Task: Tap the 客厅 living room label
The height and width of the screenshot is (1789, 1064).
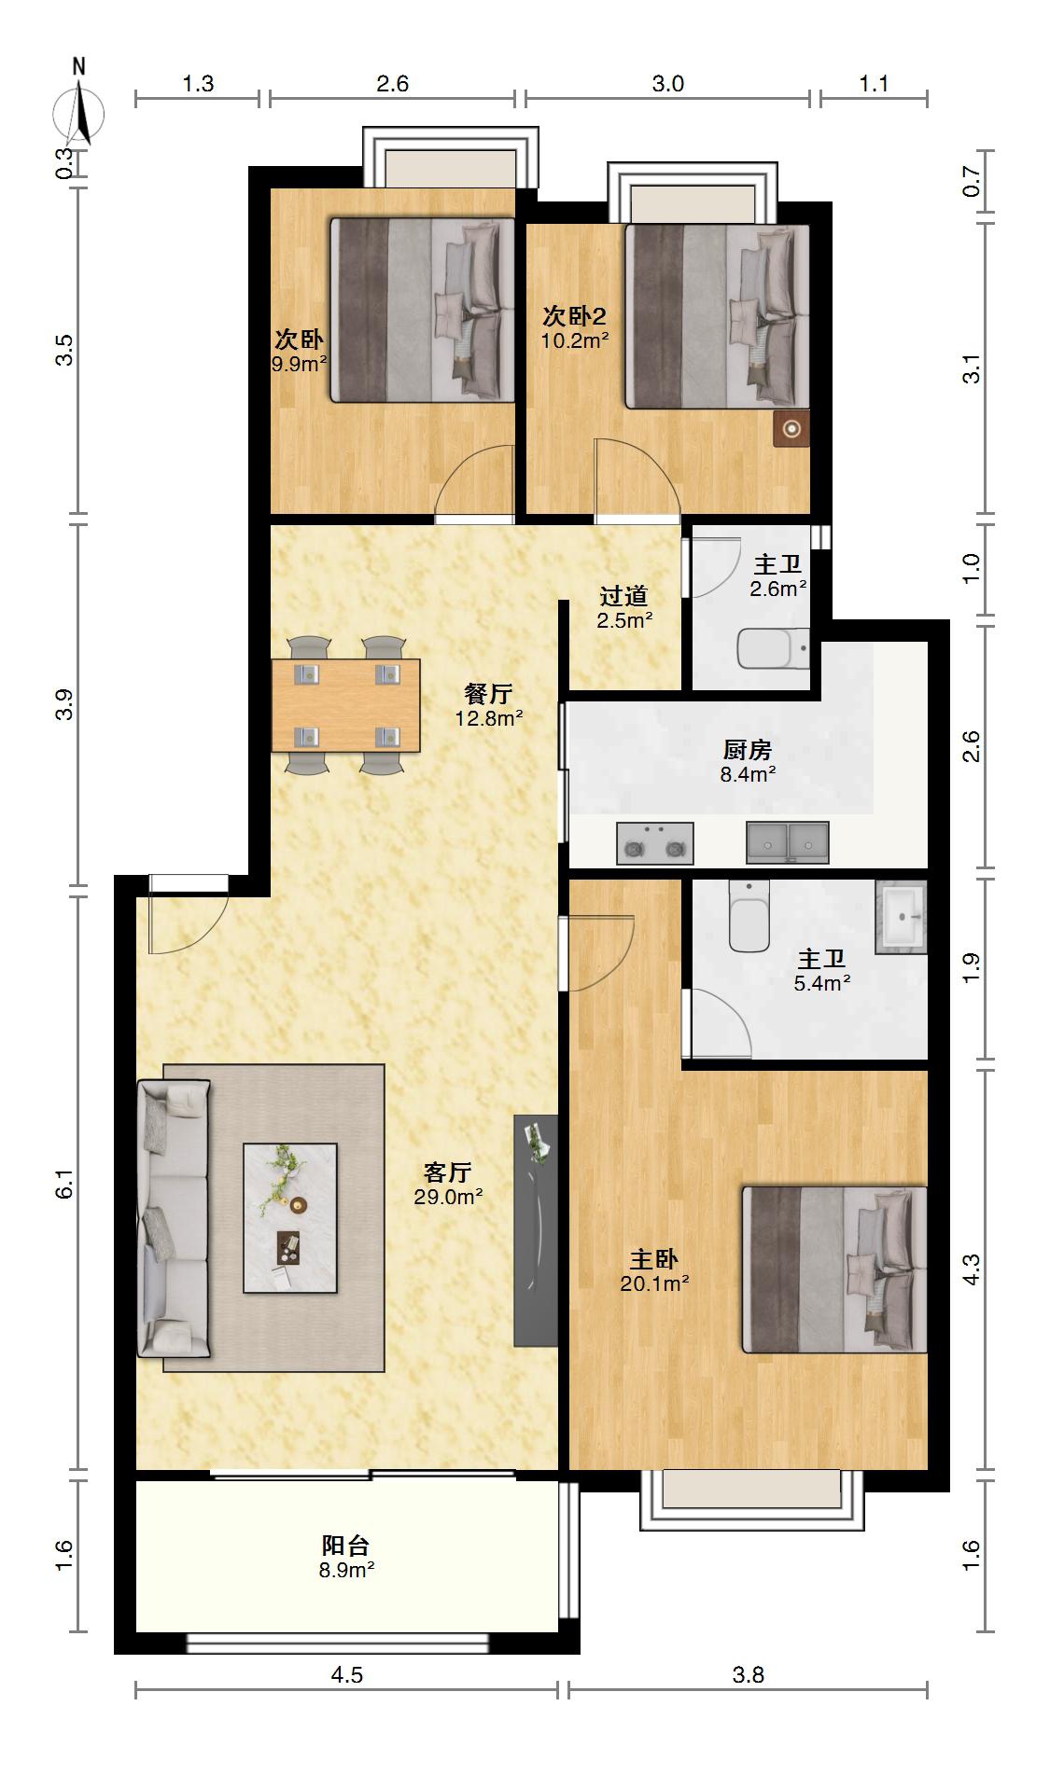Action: tap(447, 1172)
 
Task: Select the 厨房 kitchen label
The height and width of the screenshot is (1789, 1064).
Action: tap(748, 749)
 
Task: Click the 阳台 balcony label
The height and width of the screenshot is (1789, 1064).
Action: tap(345, 1546)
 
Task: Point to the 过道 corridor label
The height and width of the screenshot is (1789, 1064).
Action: tap(623, 595)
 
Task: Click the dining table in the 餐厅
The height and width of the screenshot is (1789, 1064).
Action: tap(346, 705)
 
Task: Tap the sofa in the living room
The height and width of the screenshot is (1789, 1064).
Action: tap(174, 1217)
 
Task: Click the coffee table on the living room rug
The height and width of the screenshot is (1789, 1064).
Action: tap(290, 1217)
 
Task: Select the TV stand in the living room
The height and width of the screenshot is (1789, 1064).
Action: tap(536, 1230)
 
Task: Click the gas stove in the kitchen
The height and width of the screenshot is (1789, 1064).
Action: tap(654, 842)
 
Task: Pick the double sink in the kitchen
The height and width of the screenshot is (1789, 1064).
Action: tap(787, 842)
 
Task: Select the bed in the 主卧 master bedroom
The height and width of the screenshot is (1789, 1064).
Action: tap(834, 1269)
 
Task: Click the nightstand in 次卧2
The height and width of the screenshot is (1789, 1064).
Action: tap(791, 429)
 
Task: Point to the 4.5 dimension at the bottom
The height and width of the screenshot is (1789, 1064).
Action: tap(346, 1675)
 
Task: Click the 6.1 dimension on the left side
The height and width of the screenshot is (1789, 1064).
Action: tap(63, 1193)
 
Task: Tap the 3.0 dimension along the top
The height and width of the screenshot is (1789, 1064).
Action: tap(667, 84)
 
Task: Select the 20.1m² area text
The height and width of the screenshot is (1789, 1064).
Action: tap(654, 1283)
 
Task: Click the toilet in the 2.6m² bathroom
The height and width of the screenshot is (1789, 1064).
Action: tap(774, 649)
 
